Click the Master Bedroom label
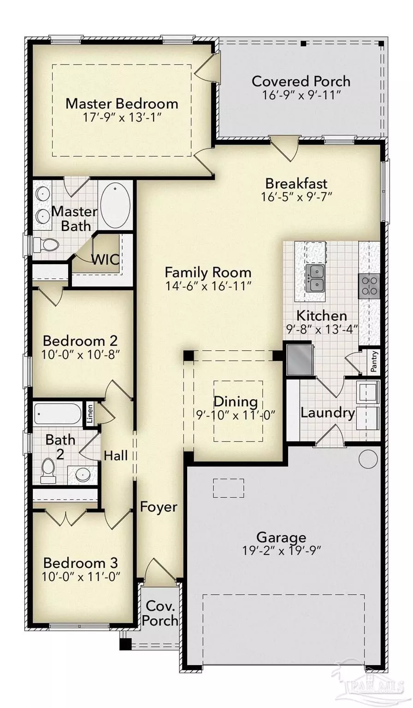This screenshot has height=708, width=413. coord(122,104)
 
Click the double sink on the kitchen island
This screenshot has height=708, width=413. coord(315,278)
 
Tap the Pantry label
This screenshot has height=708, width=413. coord(373,361)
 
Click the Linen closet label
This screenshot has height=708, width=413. coord(90,414)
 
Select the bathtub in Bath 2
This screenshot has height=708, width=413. coord(57,413)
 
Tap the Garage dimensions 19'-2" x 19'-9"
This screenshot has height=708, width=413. coord(281,551)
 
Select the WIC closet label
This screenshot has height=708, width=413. coord(106,260)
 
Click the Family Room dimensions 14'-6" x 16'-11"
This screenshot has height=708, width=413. coord(208,286)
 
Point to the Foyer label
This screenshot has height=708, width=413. coord(158,507)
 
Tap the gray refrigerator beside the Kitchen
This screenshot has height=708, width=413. coord(300,360)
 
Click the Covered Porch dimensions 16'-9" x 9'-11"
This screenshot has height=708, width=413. coord(301,95)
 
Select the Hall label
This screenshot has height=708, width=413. coord(116,455)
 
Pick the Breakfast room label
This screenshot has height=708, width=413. coord(296,183)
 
